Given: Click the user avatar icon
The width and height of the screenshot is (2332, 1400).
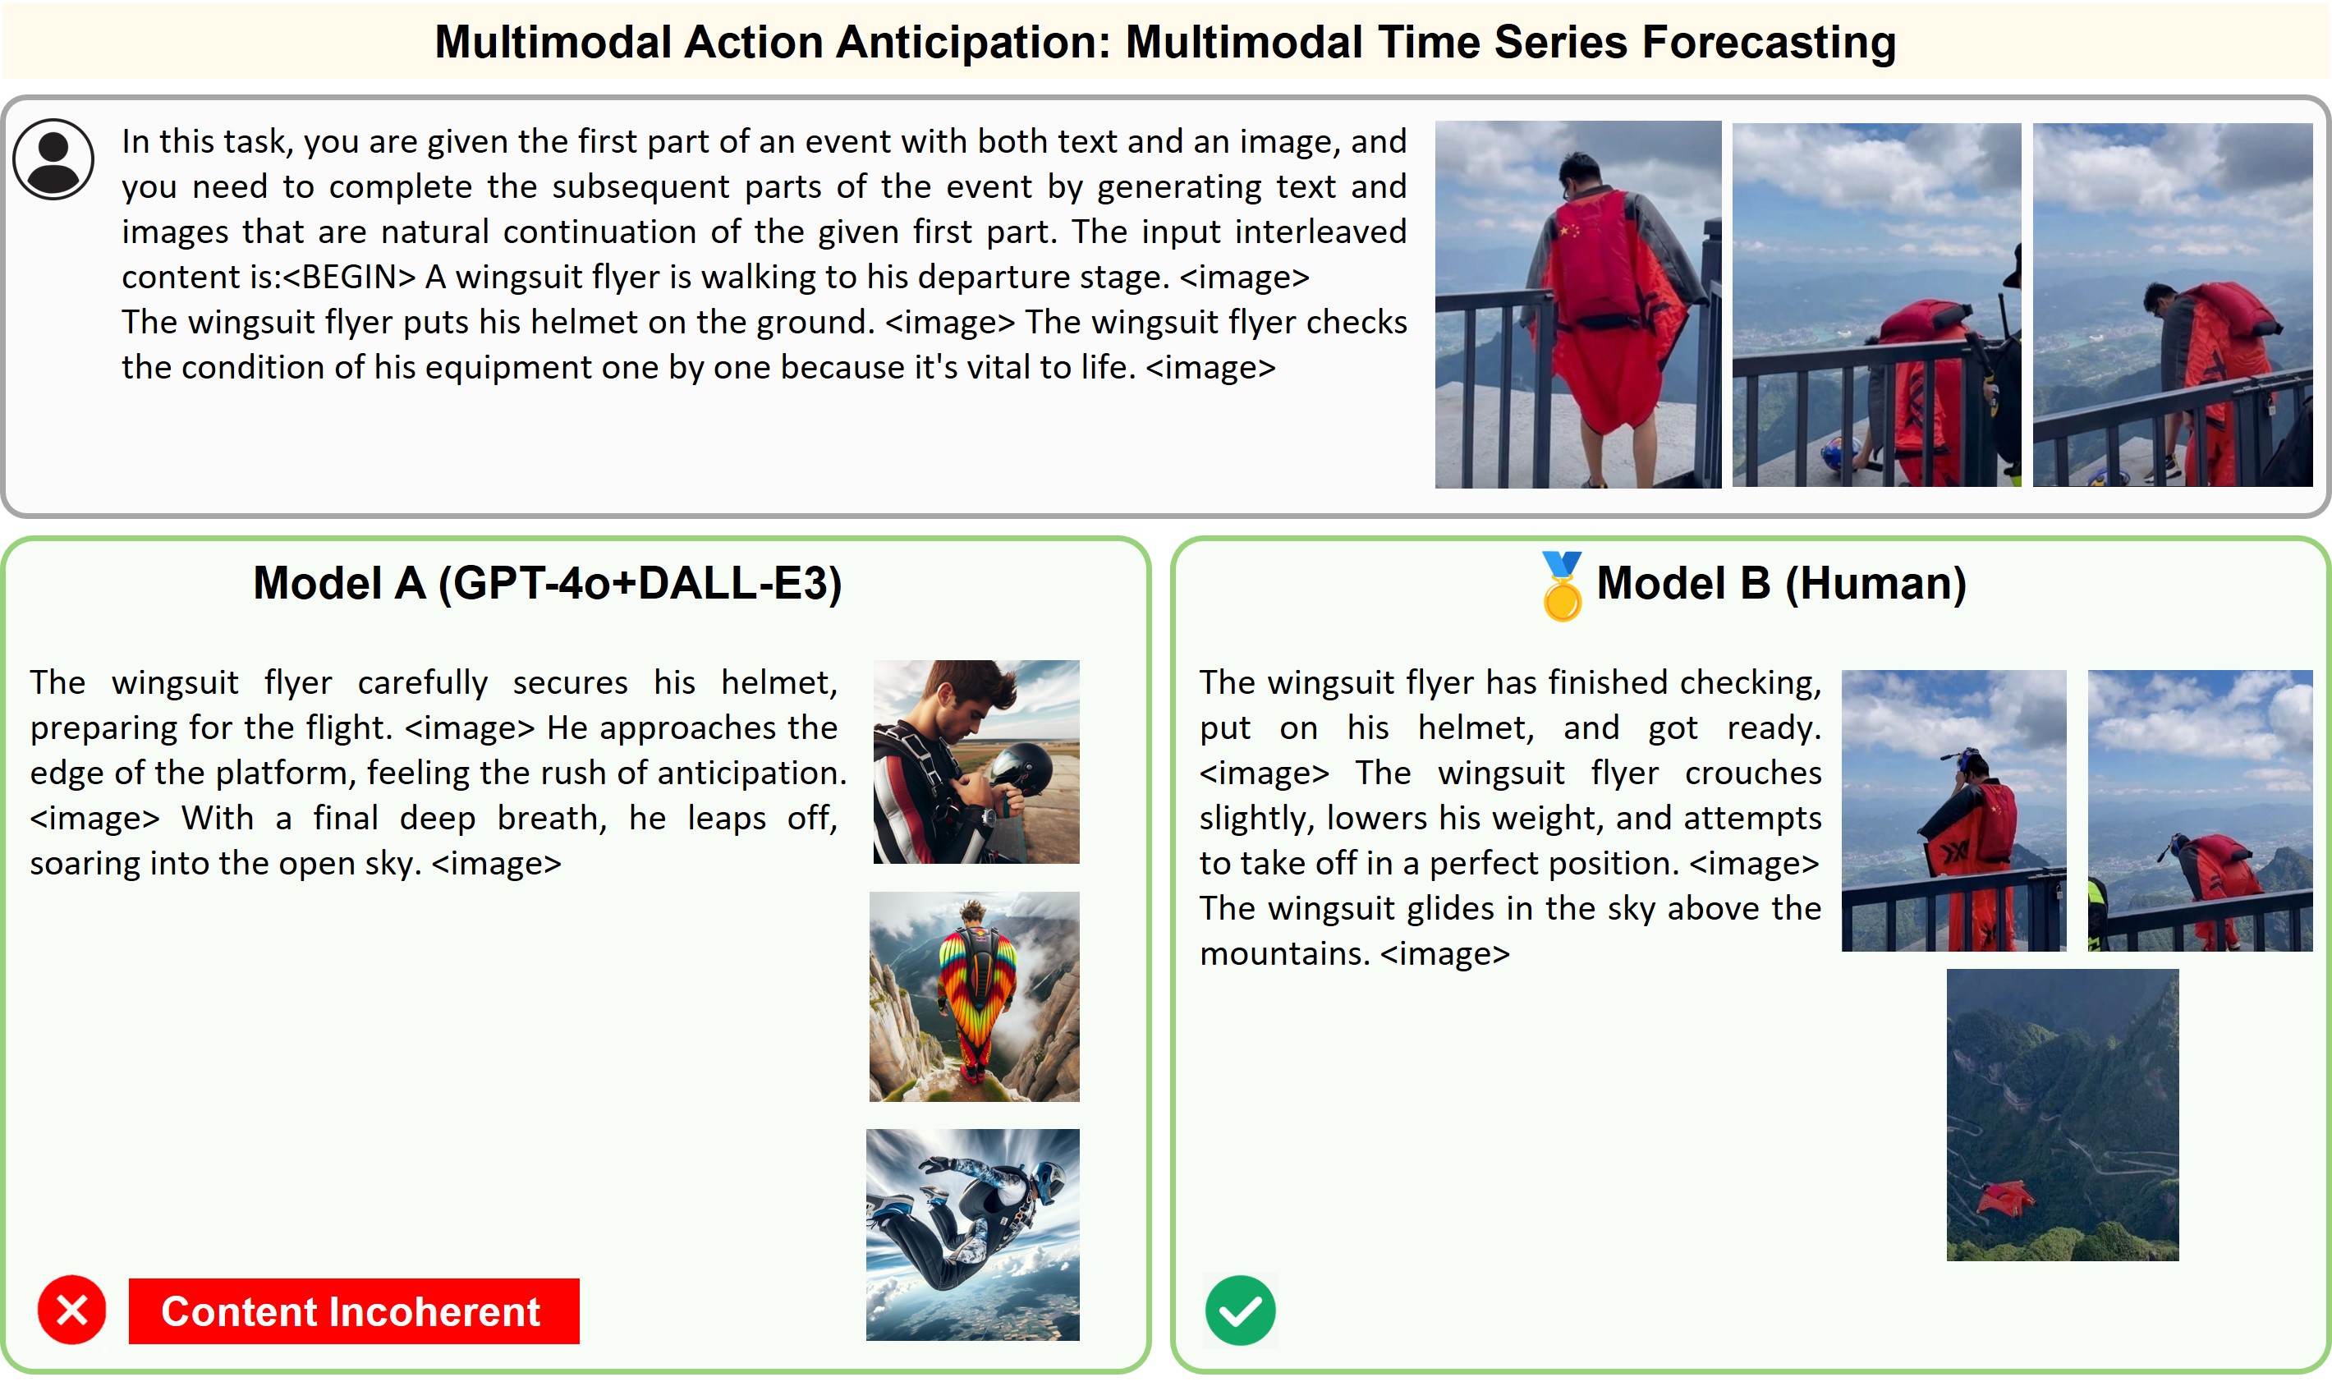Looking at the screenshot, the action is (53, 158).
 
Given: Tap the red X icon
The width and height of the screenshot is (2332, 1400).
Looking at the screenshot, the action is (71, 1310).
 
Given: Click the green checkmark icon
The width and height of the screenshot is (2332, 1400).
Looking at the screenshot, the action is (1241, 1310).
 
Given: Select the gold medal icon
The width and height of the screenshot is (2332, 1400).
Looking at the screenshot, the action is (1561, 585).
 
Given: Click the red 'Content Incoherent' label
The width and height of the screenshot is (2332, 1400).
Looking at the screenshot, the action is (354, 1310).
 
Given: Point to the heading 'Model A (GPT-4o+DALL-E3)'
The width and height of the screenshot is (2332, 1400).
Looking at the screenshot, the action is (547, 583).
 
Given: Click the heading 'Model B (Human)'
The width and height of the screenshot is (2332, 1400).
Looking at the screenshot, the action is (1781, 583).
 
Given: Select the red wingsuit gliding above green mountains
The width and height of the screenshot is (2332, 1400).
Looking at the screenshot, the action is (2004, 1199).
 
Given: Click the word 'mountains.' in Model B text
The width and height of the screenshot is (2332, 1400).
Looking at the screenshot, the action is (1282, 954).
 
